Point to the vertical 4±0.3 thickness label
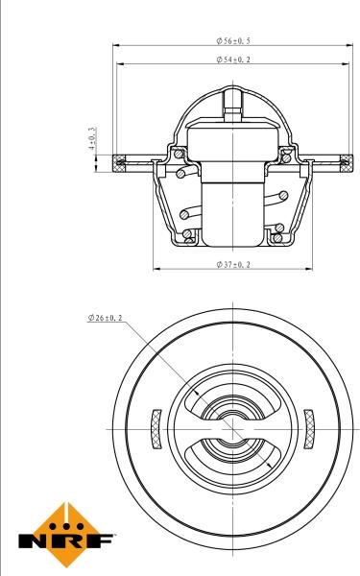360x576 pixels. [x=93, y=138]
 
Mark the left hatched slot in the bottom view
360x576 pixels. [x=155, y=427]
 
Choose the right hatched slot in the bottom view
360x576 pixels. [x=309, y=427]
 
